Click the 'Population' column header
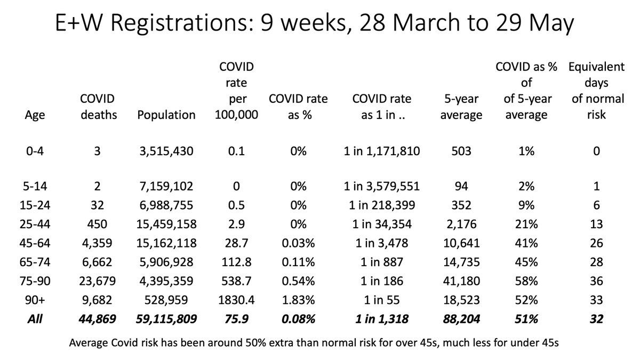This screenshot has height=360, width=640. click(166, 115)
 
